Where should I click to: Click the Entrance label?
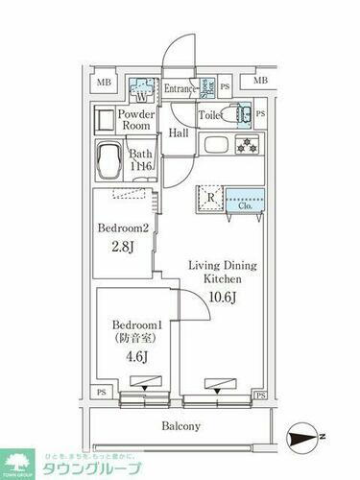(180, 89)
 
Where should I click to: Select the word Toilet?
(210, 115)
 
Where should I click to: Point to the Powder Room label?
(136, 120)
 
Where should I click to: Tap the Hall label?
(179, 133)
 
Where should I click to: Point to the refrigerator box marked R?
(209, 198)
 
